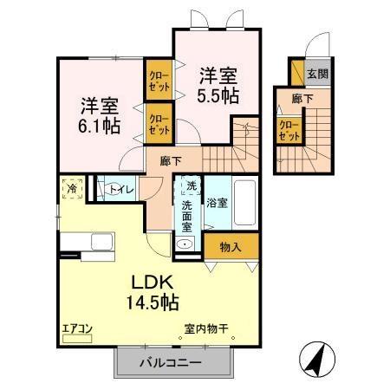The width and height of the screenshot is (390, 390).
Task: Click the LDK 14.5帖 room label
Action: (x=154, y=292)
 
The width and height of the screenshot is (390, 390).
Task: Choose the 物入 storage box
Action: (x=231, y=246)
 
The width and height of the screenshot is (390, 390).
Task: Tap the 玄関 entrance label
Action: (x=317, y=75)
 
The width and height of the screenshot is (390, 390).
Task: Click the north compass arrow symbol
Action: (x=319, y=357)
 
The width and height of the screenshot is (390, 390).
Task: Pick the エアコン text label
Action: (x=76, y=328)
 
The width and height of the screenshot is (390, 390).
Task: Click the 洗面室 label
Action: (x=187, y=216)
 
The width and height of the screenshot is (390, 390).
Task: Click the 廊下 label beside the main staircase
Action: (x=170, y=160)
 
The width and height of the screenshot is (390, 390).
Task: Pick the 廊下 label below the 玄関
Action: (x=302, y=99)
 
